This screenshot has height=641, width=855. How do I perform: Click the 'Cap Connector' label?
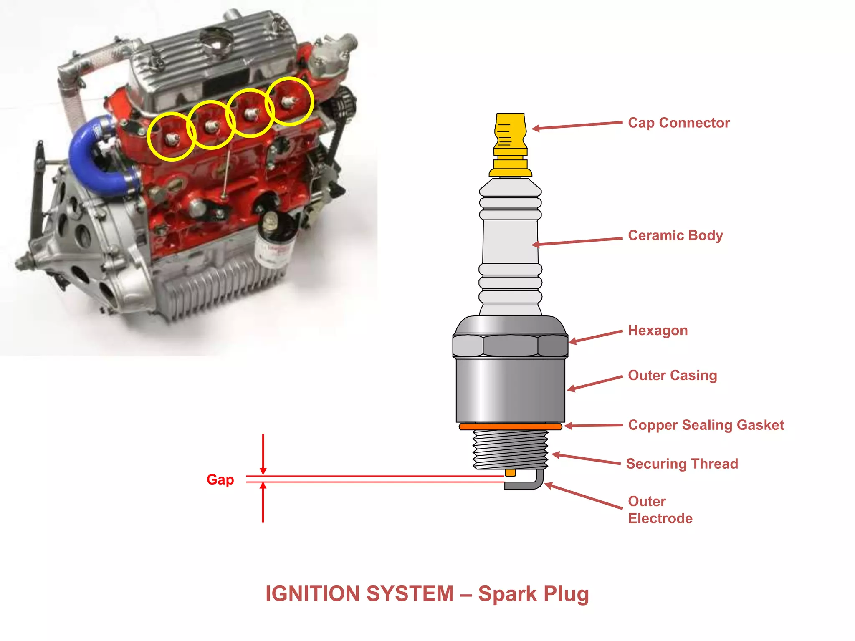[679, 123]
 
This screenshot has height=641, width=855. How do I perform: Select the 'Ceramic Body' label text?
[675, 235]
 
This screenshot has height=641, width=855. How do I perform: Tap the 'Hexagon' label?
[658, 331]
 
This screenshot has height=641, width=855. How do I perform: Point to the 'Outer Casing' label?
[672, 375]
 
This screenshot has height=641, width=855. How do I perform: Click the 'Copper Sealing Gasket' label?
[706, 425]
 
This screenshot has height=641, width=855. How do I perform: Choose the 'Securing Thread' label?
[682, 464]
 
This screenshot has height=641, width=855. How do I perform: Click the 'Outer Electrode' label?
[660, 510]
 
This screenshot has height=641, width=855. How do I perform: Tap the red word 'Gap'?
[220, 479]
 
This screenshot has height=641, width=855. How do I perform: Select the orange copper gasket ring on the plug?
[510, 426]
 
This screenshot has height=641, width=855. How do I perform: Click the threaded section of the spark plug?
[510, 450]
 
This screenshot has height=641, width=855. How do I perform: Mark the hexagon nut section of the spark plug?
[510, 346]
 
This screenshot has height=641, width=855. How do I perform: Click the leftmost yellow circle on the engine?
[171, 136]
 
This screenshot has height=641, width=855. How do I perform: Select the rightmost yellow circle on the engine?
[289, 101]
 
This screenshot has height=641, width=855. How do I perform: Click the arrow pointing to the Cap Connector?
[576, 126]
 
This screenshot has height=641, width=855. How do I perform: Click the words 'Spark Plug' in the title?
[533, 594]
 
